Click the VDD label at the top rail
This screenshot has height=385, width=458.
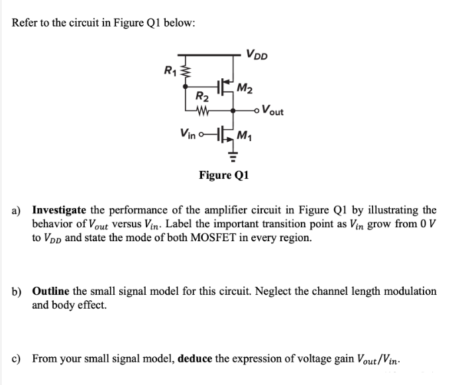256,54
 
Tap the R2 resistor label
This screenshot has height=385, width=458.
201,96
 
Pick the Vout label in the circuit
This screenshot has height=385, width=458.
273,111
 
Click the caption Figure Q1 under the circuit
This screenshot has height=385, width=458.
224,176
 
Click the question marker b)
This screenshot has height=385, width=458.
18,292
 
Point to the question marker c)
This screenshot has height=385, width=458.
17,358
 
